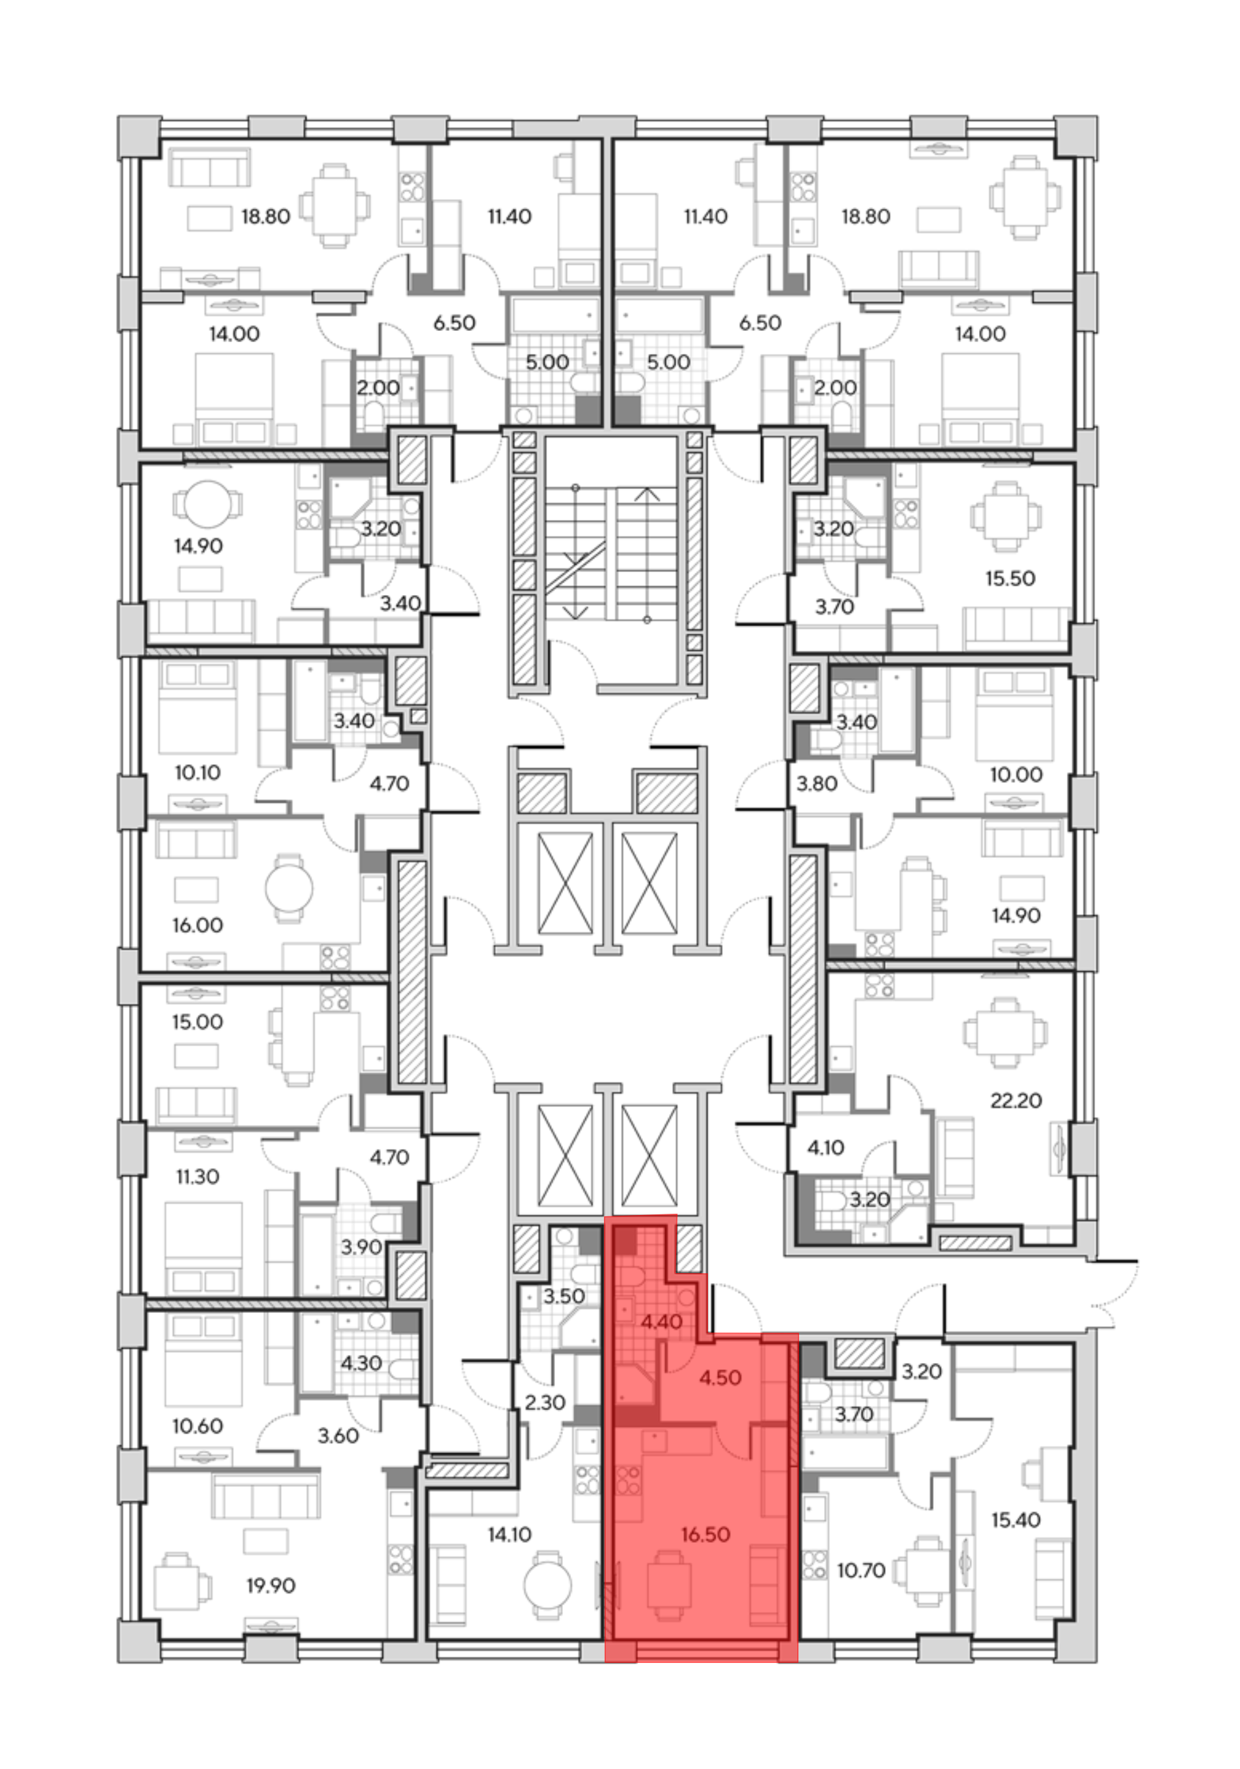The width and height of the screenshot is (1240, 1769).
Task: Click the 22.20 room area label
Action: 1015,1101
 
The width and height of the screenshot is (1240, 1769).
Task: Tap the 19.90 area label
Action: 270,1586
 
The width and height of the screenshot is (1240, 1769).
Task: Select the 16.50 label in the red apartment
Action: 705,1535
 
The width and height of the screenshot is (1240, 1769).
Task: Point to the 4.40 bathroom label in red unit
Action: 662,1322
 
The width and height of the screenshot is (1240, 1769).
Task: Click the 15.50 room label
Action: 1009,578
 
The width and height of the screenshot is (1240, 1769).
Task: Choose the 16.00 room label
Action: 197,925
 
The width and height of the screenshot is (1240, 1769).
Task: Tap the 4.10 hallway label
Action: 825,1148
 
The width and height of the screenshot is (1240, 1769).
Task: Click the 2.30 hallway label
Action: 545,1402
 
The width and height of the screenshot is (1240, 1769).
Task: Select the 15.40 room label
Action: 1016,1520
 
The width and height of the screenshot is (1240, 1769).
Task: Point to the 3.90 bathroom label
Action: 361,1246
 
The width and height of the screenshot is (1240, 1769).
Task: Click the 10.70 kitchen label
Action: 861,1569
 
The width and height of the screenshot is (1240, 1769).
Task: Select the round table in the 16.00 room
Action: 289,888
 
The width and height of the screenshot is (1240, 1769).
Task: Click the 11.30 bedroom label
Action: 197,1176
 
